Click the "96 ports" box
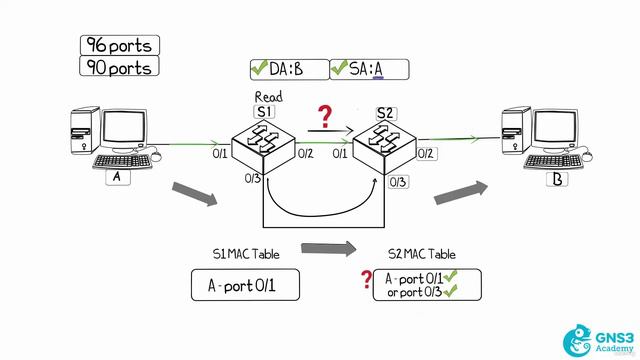point(120,45)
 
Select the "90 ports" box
point(120,68)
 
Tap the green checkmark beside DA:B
point(259,69)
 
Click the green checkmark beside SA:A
point(338,69)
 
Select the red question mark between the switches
point(324,118)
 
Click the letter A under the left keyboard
point(116,177)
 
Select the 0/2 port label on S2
point(425,153)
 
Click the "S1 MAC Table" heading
point(246,255)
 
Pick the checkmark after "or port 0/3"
point(450,292)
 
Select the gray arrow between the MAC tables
point(328,248)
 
